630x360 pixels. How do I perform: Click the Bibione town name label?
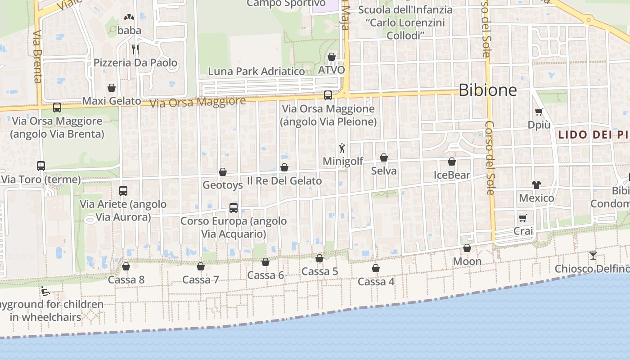[487, 90]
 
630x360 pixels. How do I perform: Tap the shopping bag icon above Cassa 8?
[126, 266]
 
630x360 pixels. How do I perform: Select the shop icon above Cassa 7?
[201, 266]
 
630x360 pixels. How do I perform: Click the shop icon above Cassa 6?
[265, 262]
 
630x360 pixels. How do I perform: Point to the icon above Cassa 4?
[376, 268]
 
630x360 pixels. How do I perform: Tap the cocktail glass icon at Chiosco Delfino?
[593, 256]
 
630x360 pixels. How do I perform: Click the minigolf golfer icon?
[342, 148]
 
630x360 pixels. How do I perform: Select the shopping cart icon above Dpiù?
[539, 112]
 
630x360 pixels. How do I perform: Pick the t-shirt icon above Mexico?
[536, 184]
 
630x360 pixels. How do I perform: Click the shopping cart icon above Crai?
[523, 218]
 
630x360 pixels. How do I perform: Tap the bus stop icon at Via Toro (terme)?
[41, 166]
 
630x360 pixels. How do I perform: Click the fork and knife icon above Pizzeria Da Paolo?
[135, 49]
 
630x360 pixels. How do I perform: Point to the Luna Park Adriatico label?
[256, 71]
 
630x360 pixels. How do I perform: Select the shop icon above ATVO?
[332, 57]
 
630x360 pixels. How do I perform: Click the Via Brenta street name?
[37, 57]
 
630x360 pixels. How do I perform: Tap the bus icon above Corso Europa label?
[234, 207]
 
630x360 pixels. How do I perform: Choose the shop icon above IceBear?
[452, 162]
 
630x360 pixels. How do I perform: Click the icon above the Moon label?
[467, 248]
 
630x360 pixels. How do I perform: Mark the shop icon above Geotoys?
[222, 172]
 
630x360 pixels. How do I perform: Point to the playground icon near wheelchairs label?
[45, 291]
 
